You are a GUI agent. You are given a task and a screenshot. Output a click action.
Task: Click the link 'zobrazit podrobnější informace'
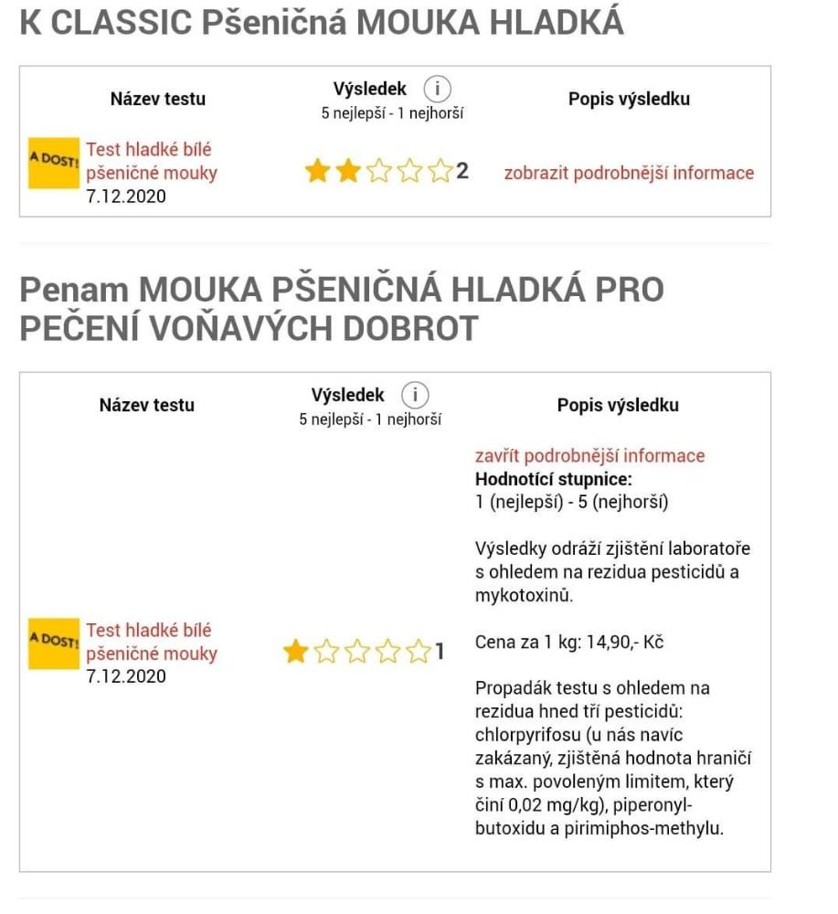(x=629, y=173)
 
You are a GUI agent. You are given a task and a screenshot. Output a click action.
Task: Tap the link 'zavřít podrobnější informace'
(x=589, y=455)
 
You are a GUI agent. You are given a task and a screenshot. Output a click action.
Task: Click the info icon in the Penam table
(x=416, y=395)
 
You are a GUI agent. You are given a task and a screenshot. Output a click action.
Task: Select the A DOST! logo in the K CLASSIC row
(x=54, y=164)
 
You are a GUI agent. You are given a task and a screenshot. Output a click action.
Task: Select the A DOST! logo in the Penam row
(x=54, y=643)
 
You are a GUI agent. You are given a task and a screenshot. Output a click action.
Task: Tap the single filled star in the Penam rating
(x=295, y=652)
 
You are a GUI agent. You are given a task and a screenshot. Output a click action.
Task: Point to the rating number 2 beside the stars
(x=462, y=171)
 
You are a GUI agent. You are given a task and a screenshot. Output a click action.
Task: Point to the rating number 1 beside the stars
(x=440, y=652)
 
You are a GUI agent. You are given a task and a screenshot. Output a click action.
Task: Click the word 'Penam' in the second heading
(x=71, y=290)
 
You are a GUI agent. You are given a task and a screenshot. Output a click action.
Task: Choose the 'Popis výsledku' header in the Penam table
(x=618, y=405)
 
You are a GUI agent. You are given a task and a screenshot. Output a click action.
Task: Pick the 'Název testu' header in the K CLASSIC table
(x=158, y=99)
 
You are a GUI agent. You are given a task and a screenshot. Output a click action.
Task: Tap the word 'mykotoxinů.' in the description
(x=522, y=595)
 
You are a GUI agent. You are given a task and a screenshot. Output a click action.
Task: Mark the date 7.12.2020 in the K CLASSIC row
(x=126, y=196)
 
